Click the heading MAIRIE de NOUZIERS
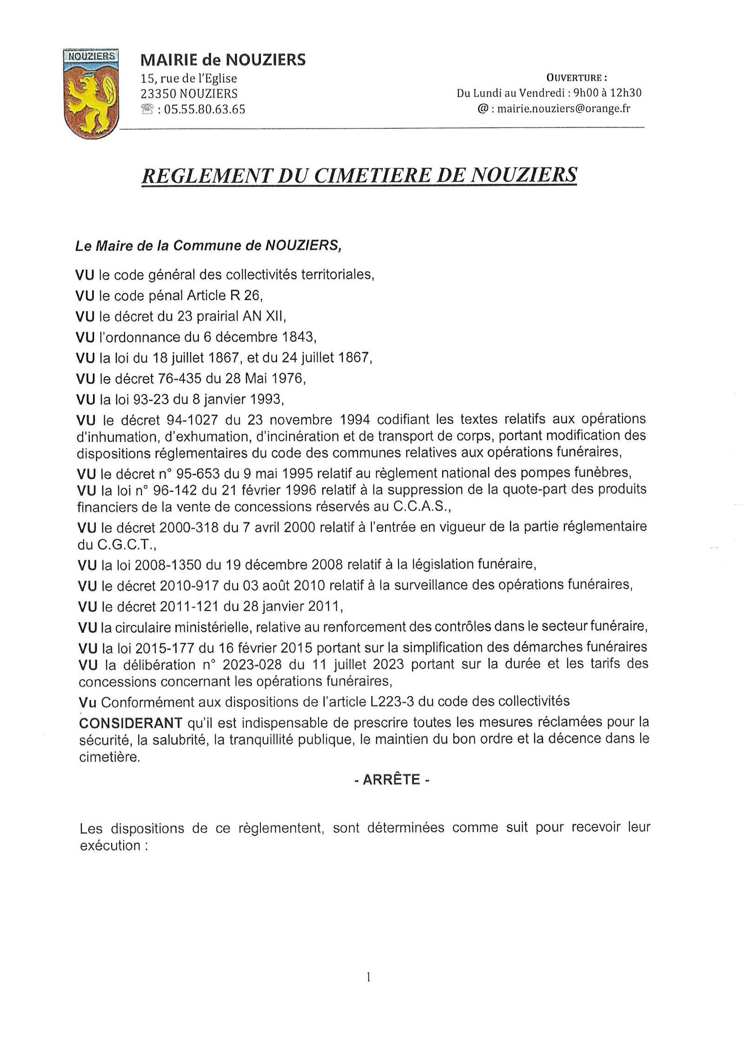point(223,60)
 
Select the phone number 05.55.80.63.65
point(204,110)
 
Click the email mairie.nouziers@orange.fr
point(564,109)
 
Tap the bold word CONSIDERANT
point(131,723)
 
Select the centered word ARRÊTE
point(391,780)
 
